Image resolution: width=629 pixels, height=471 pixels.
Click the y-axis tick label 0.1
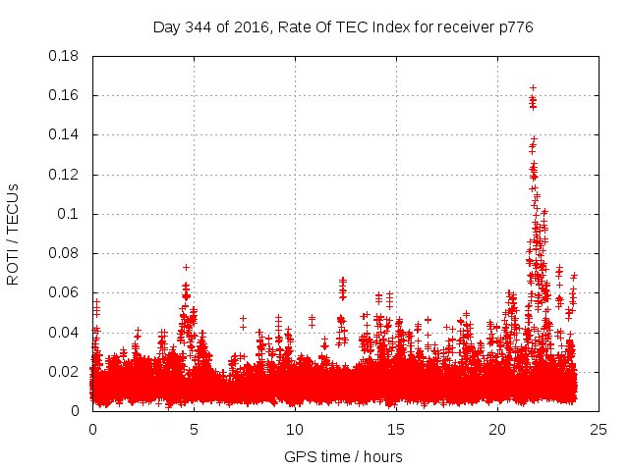pyautogui.click(x=70, y=214)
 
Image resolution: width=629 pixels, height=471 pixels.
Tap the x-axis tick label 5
pyautogui.click(x=194, y=429)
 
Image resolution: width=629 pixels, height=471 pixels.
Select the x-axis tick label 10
pyautogui.click(x=295, y=429)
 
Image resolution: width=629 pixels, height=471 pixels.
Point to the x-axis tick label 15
pyautogui.click(x=396, y=429)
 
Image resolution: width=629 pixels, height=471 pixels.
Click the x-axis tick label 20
pyautogui.click(x=497, y=429)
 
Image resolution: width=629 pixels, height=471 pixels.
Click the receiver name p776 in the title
pyautogui.click(x=515, y=26)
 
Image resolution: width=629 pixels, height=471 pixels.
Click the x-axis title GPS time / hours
pyautogui.click(x=343, y=456)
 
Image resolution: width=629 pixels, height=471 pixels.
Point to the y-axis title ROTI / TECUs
pyautogui.click(x=14, y=234)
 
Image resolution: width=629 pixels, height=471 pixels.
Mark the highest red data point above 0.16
pyautogui.click(x=533, y=88)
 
